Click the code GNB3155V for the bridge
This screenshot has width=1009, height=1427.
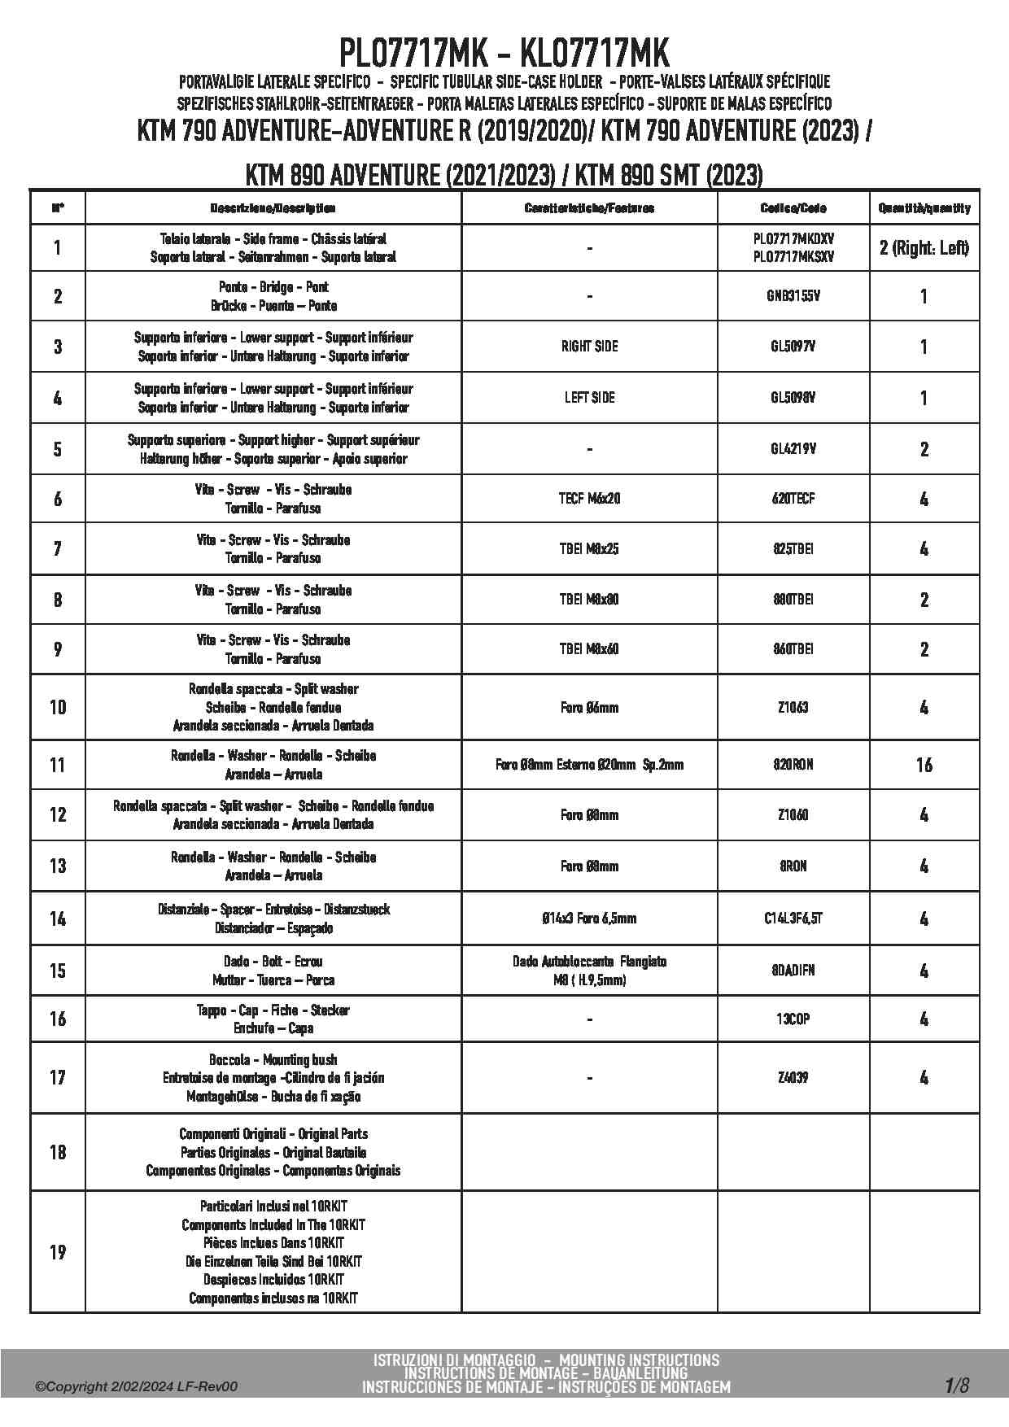pyautogui.click(x=793, y=296)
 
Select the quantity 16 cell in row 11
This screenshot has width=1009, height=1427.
pyautogui.click(x=924, y=765)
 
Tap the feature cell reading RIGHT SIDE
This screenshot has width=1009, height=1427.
pyautogui.click(x=589, y=347)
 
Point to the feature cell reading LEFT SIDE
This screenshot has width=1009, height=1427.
pyautogui.click(x=589, y=398)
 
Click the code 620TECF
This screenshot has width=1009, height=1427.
pyautogui.click(x=793, y=499)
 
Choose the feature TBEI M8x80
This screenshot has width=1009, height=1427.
pyautogui.click(x=589, y=600)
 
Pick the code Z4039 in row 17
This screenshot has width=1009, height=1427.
pyautogui.click(x=793, y=1078)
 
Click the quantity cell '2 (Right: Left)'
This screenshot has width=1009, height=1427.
pyautogui.click(x=924, y=248)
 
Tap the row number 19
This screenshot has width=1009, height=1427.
pyautogui.click(x=58, y=1251)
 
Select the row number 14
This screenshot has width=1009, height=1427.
pyautogui.click(x=58, y=919)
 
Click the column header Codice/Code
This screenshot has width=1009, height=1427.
pyautogui.click(x=793, y=208)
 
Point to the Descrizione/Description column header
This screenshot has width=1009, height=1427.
pyautogui.click(x=273, y=208)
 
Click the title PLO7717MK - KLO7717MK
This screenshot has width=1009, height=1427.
pyautogui.click(x=504, y=55)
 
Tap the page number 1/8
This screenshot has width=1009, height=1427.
pyautogui.click(x=956, y=1385)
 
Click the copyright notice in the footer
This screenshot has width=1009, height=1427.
pyautogui.click(x=137, y=1387)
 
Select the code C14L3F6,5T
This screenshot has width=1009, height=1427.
pyautogui.click(x=793, y=919)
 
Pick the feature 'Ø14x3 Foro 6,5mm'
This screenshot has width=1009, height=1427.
pyautogui.click(x=589, y=919)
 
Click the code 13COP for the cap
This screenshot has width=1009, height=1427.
pyautogui.click(x=793, y=1019)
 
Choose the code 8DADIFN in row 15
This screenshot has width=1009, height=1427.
pyautogui.click(x=793, y=971)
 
